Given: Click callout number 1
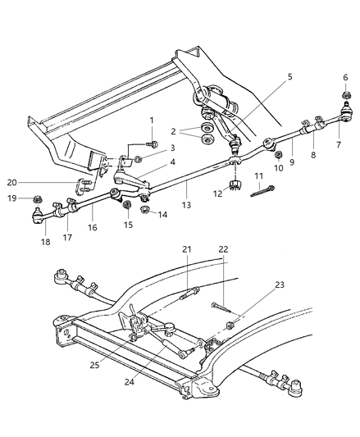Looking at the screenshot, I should [x=153, y=121].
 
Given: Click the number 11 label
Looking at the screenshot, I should [x=257, y=176].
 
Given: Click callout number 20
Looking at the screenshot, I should [x=34, y=183].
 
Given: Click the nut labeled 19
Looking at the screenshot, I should [x=38, y=199].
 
